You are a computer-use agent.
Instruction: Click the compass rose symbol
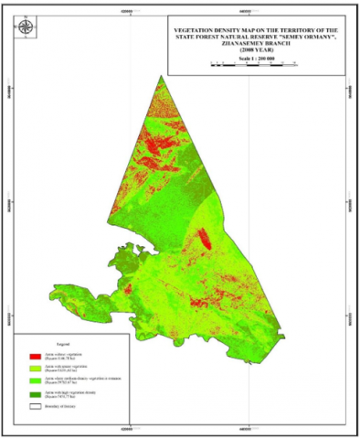click(x=26, y=27)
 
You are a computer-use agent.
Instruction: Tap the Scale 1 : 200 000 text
click(x=256, y=57)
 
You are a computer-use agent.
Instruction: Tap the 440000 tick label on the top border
click(x=245, y=12)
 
